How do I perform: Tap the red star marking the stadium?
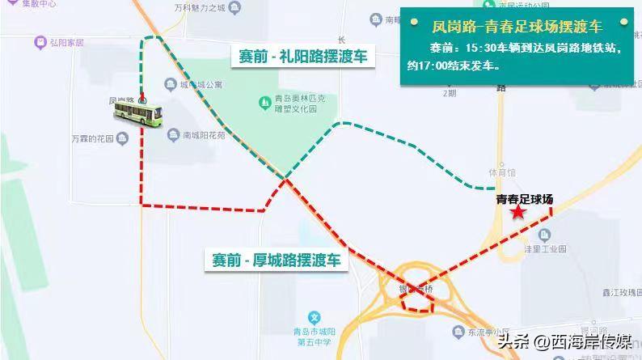click(517, 212)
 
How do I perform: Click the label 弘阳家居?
click(66, 41)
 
